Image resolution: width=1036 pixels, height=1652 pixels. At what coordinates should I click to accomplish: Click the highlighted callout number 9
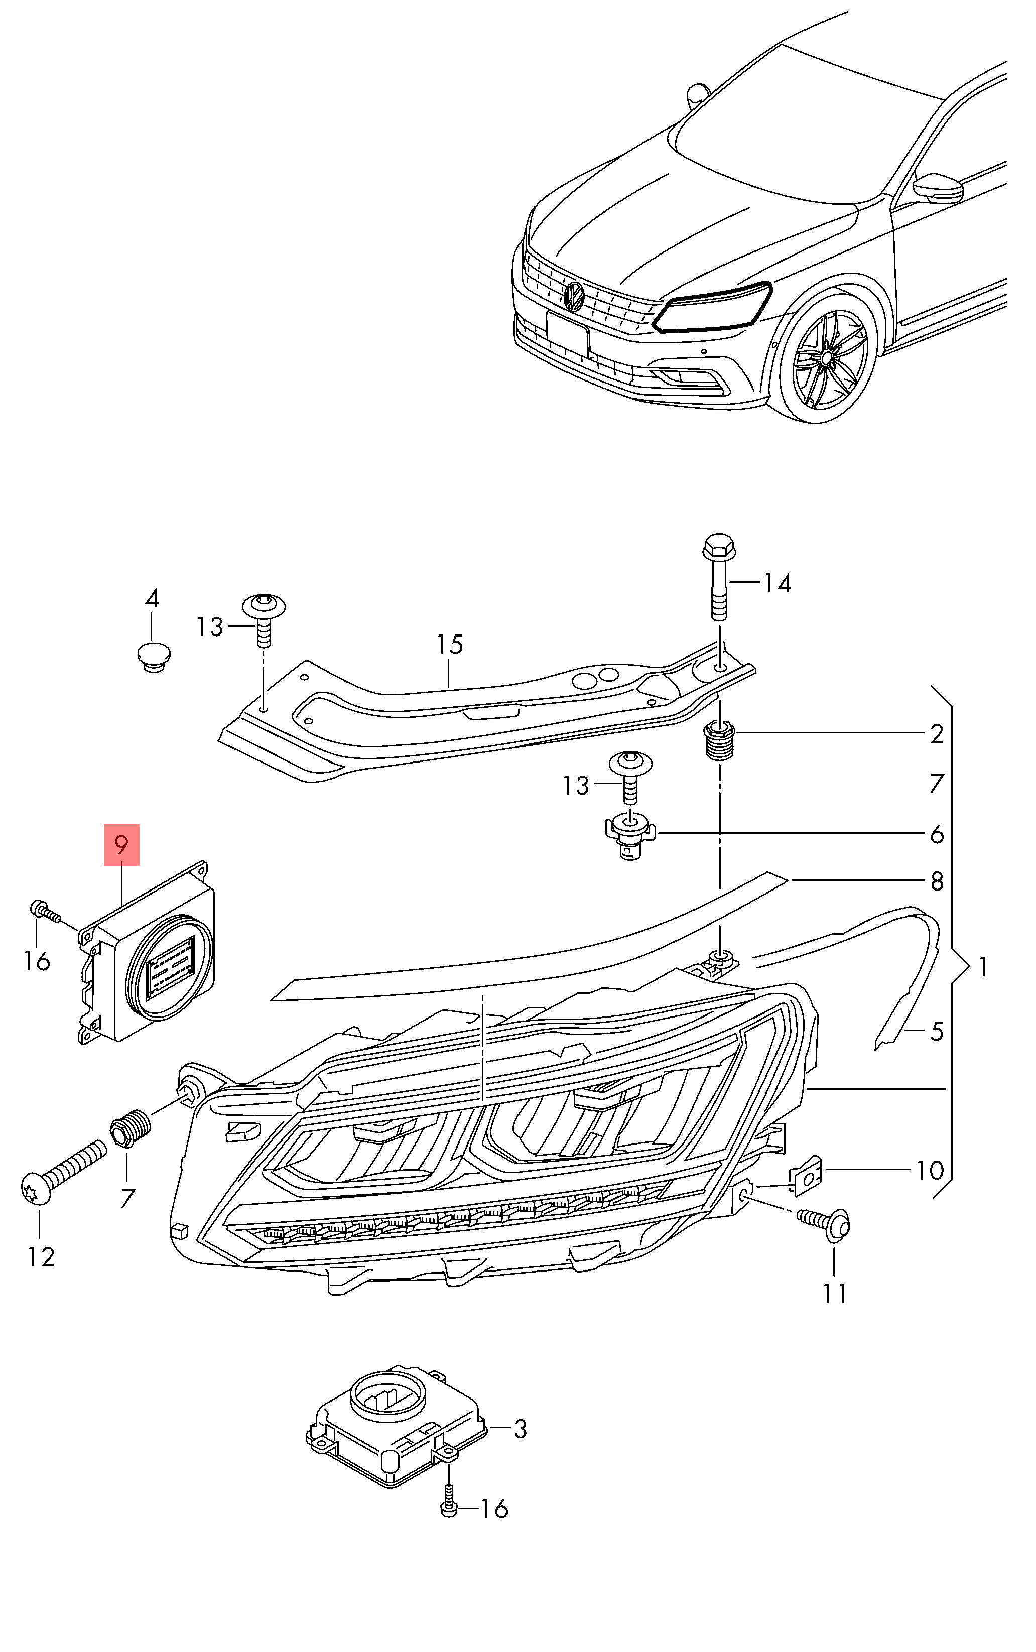(121, 845)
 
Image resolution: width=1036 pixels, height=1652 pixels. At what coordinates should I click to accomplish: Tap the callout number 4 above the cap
(152, 598)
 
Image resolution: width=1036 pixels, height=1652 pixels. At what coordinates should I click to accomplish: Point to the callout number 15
(450, 644)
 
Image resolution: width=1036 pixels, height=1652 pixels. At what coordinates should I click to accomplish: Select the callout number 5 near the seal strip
(937, 1031)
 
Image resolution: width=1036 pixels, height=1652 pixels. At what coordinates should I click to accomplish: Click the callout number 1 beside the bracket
(983, 967)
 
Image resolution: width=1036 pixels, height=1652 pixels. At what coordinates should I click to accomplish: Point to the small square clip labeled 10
(807, 1177)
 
